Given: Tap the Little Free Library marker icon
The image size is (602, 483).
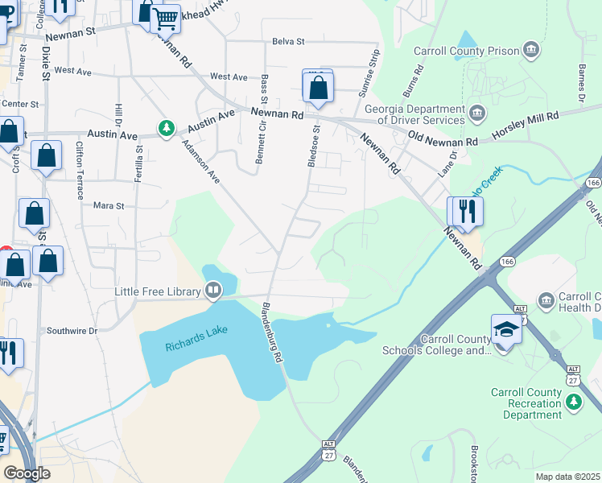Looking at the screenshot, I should tap(213, 288).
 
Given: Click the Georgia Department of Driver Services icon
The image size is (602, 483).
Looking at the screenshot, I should tap(477, 111).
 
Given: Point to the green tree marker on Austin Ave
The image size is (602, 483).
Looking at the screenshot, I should tap(167, 128).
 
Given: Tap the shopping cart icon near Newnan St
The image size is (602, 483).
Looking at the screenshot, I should tap(166, 17).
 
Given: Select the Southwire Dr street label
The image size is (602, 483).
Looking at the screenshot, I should tap(72, 330).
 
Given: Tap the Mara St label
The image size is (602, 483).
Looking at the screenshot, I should tap(109, 206).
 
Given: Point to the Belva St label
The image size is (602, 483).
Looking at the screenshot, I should tap(288, 41).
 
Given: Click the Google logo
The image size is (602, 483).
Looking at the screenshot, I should tap(27, 473).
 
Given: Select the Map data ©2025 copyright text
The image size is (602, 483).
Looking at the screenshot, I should tap(567, 477).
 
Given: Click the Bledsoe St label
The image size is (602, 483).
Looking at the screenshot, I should tap(315, 146).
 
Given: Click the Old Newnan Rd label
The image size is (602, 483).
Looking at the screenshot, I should tap(443, 138).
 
